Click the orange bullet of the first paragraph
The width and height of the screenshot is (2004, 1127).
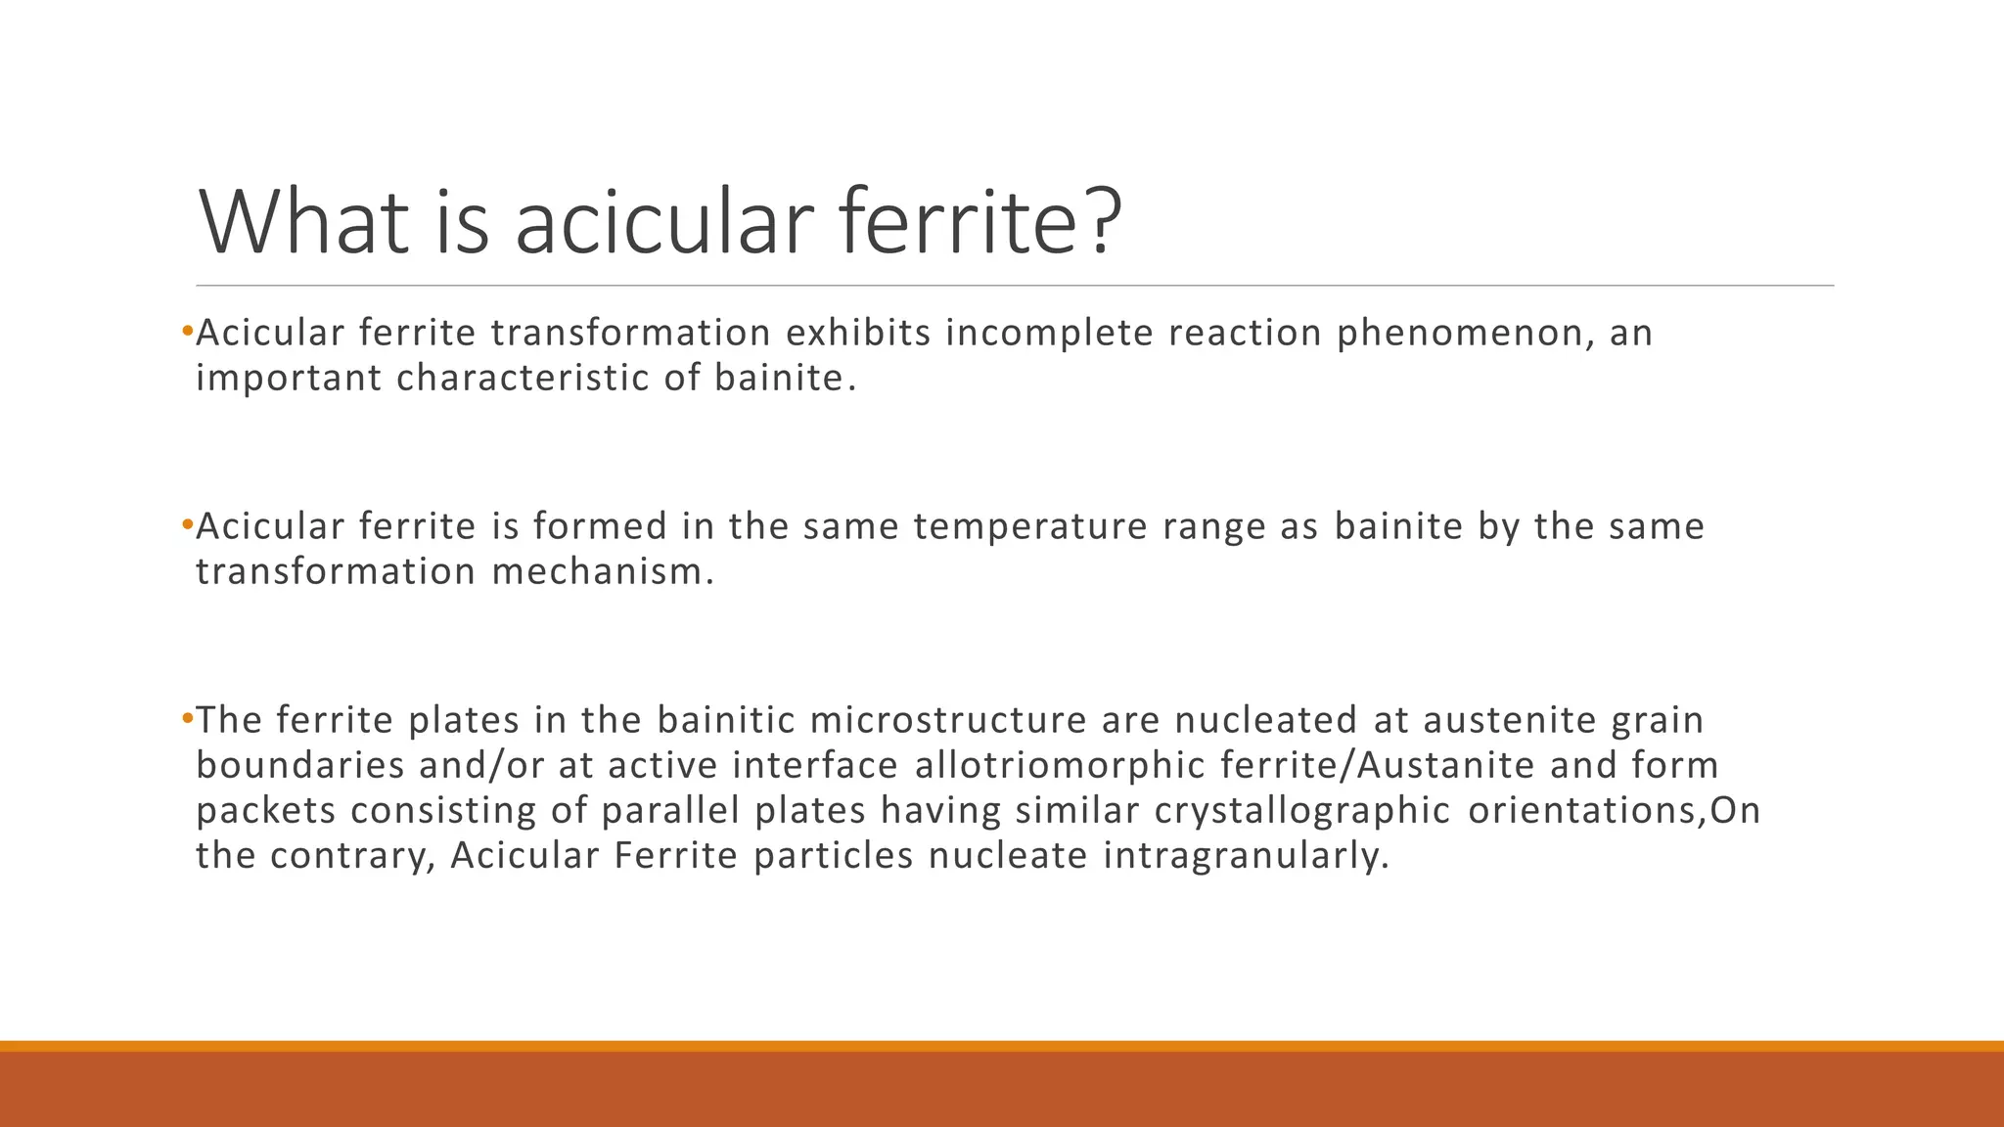tap(187, 332)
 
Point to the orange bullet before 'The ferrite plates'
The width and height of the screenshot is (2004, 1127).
tap(187, 719)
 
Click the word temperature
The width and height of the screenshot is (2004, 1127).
tap(1030, 527)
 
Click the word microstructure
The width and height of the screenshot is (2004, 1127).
tap(948, 721)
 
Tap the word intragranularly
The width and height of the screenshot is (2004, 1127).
tap(1247, 856)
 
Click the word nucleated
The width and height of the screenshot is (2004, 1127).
tap(1266, 721)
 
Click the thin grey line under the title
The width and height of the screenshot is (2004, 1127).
tap(1014, 286)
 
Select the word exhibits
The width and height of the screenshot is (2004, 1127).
tap(858, 334)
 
